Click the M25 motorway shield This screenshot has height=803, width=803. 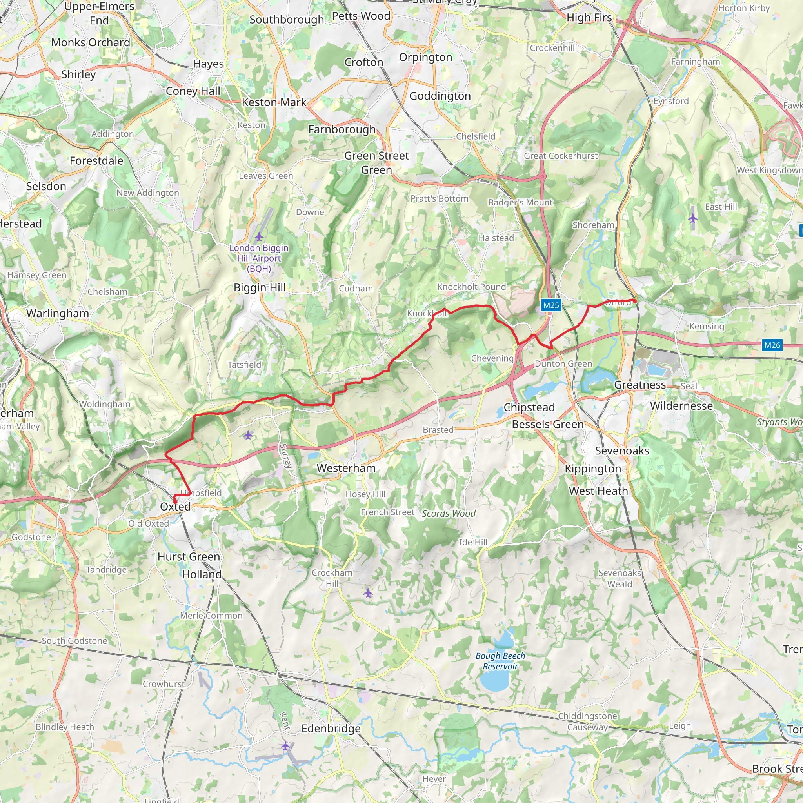click(x=551, y=305)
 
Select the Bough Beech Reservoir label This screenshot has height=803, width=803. click(x=500, y=661)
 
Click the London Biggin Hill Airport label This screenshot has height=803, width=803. click(x=259, y=258)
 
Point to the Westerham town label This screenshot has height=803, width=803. click(x=346, y=468)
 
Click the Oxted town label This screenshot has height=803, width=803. click(x=175, y=506)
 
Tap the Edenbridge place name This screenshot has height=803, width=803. click(x=331, y=728)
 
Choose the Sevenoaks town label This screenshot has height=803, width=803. click(x=622, y=451)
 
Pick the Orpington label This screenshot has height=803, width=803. click(x=425, y=57)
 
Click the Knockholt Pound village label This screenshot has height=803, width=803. click(x=471, y=287)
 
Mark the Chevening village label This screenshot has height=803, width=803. click(x=492, y=358)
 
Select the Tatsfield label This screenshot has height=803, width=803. click(x=244, y=365)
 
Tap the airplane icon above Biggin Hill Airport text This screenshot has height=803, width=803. click(x=259, y=237)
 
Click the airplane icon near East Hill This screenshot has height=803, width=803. click(x=692, y=217)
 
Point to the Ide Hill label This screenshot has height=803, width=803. click(x=473, y=542)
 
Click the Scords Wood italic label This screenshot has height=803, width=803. click(x=449, y=513)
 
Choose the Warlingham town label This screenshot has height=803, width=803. click(x=58, y=313)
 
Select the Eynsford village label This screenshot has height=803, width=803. click(x=671, y=101)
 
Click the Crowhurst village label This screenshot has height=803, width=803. click(x=164, y=684)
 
